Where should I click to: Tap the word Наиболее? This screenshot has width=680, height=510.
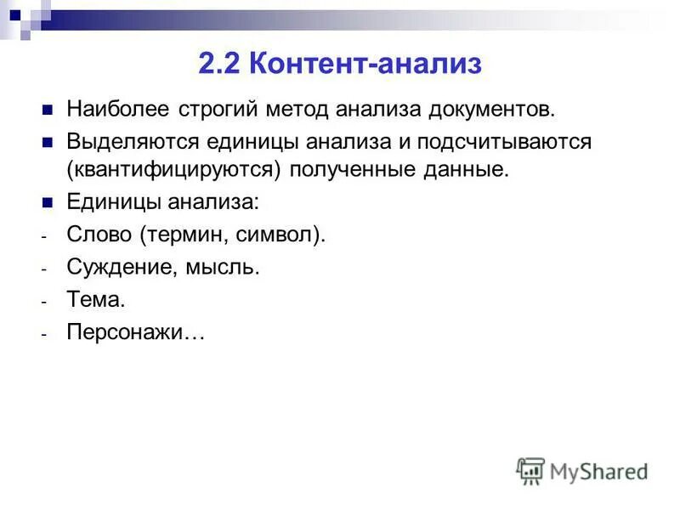pyautogui.click(x=119, y=110)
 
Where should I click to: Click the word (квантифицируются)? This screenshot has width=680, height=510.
pyautogui.click(x=174, y=169)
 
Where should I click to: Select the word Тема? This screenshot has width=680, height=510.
pyautogui.click(x=95, y=300)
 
